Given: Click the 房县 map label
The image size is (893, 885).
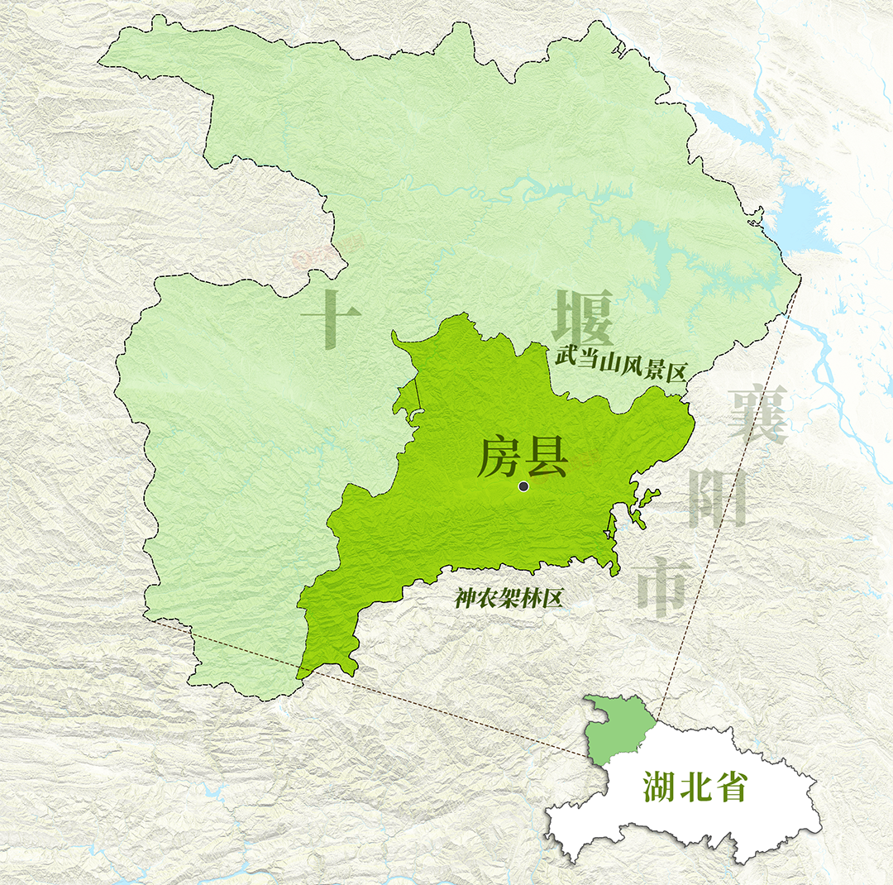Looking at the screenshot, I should pos(522,457).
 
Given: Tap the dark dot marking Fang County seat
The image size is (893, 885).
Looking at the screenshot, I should pos(523,486).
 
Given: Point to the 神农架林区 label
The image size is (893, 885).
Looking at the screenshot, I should pos(509,598).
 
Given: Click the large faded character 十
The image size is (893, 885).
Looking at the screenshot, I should pos(331,318).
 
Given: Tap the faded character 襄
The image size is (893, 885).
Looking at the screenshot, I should pos(757,414).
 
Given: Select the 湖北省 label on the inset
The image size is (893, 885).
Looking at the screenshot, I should pos(695,787).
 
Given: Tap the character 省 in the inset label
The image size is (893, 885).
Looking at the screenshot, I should pos(731,787).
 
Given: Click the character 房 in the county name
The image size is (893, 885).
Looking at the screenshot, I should pos(499,457).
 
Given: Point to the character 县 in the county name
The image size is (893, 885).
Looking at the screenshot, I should pos(545,457).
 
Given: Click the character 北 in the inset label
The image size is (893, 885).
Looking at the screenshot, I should pos(695,787).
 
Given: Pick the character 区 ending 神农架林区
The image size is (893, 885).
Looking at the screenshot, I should pos(552,598).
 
